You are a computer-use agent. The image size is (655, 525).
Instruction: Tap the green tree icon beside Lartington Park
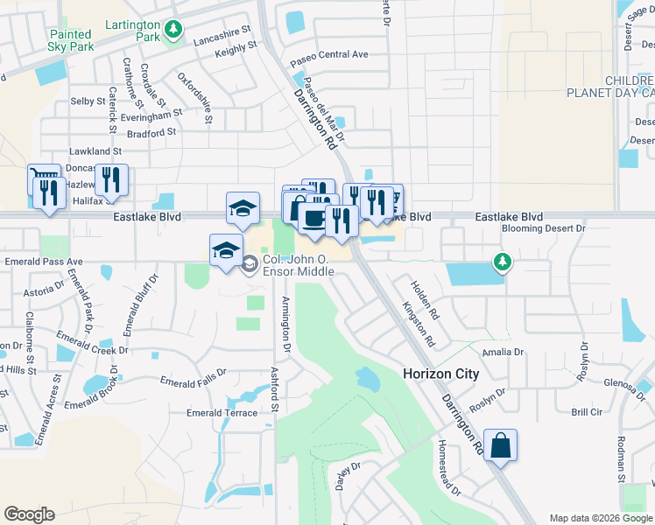[x=174, y=31]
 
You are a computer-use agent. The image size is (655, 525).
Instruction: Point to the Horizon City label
[x=440, y=374]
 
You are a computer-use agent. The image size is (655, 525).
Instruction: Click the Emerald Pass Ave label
[x=43, y=261]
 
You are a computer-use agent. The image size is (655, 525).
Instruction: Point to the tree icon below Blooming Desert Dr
[x=501, y=261]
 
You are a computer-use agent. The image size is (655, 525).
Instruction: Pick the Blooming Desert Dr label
[x=543, y=228]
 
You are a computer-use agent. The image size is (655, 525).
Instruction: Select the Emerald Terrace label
[x=222, y=413]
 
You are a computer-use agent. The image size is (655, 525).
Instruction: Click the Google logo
[x=29, y=514]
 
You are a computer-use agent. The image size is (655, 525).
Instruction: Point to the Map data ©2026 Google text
[x=600, y=518]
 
